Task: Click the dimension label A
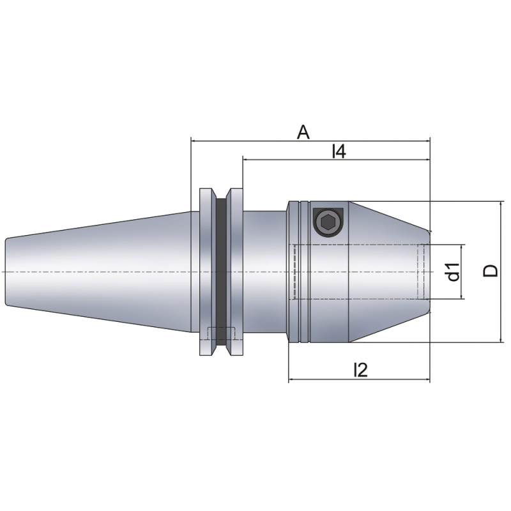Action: pyautogui.click(x=303, y=132)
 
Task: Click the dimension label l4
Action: pyautogui.click(x=339, y=152)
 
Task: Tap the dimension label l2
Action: pyautogui.click(x=361, y=370)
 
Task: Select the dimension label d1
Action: pyautogui.click(x=454, y=272)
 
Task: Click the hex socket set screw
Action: pyautogui.click(x=328, y=222)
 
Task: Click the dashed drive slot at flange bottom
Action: pyautogui.click(x=221, y=334)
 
